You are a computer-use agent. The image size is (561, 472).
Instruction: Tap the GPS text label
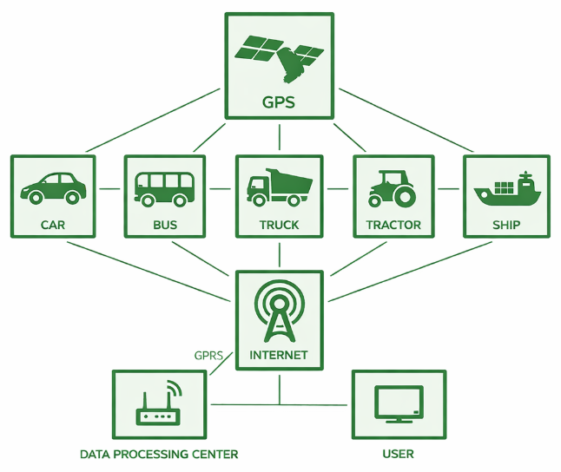[279, 102]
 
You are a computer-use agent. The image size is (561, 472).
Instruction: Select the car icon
[53, 187]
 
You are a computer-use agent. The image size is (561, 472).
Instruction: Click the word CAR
[52, 225]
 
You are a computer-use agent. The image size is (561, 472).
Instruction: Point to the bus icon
[164, 187]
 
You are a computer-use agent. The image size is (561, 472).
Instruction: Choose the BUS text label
[164, 225]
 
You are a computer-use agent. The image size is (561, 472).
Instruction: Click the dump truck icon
[279, 186]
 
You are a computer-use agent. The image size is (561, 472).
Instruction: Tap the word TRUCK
[279, 225]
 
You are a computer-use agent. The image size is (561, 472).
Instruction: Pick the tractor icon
[393, 187]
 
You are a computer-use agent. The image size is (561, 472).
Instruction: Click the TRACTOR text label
[393, 225]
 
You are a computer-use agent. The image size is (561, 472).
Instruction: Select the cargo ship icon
[506, 187]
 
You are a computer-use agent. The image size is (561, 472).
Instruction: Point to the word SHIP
[506, 225]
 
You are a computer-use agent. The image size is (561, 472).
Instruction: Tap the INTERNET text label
[279, 355]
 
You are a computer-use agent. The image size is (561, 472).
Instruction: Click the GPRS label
[208, 355]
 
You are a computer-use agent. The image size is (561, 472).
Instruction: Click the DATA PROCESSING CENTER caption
[159, 454]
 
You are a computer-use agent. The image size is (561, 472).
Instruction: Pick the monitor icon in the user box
[398, 404]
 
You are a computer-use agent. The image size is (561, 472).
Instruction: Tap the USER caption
[398, 454]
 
